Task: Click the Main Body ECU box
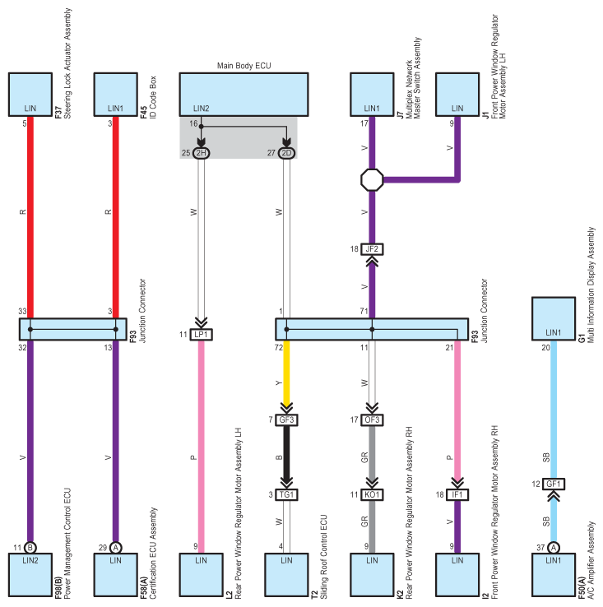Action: pos(244,95)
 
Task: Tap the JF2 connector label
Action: pos(372,249)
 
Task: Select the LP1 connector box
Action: pos(201,335)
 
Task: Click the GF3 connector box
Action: pos(286,420)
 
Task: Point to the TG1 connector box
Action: pos(286,495)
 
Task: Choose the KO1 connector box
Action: pos(372,495)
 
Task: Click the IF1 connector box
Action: pos(457,495)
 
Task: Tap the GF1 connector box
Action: pos(554,484)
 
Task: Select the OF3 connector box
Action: pos(372,420)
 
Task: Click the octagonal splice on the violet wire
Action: pos(372,179)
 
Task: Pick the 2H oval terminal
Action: pos(201,153)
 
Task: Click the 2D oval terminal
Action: pos(286,153)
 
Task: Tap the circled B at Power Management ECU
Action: pos(30,548)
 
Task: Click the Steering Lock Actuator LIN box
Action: pos(30,95)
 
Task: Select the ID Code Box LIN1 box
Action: pos(115,95)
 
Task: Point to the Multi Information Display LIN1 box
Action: pos(554,318)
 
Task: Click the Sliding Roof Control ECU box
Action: pos(286,574)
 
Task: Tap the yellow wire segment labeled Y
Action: pos(286,373)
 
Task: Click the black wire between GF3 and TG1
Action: pos(286,454)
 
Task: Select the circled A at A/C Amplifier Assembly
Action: pos(554,548)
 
